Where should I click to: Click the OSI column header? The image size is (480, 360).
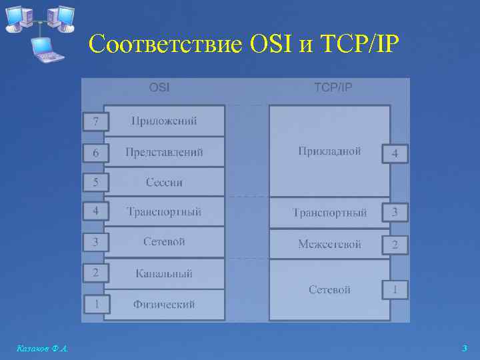coord(159,87)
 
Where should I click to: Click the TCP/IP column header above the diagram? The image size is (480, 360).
coord(333,87)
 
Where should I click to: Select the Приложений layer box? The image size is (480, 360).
coord(164,121)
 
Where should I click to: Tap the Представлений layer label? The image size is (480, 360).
coord(164,152)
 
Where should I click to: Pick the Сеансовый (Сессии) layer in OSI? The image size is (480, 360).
coord(164,182)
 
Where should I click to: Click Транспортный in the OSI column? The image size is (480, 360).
coord(164,212)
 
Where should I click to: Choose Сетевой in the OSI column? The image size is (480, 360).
coord(164,241)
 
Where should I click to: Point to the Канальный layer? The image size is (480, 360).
coord(164,273)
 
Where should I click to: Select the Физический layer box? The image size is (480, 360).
coord(164,305)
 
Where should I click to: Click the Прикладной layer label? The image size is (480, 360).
coord(329,151)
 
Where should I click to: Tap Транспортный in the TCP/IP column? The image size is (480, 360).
coord(329,213)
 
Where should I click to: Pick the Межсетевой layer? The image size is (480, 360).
coord(329,244)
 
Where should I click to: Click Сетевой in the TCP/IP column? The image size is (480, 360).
coord(329,289)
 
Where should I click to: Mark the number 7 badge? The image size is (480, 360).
coord(96,122)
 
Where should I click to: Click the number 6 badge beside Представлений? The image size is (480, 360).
coord(96,153)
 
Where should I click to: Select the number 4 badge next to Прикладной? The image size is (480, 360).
coord(395,153)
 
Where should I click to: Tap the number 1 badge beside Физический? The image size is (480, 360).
coord(96,305)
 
